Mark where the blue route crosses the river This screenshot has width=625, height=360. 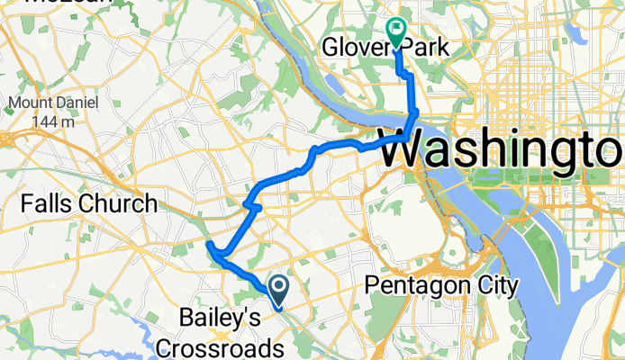click(x=413, y=119)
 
